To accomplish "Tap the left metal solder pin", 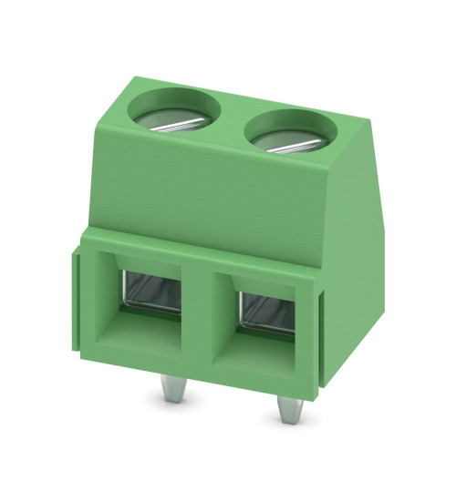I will [x=169, y=389].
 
